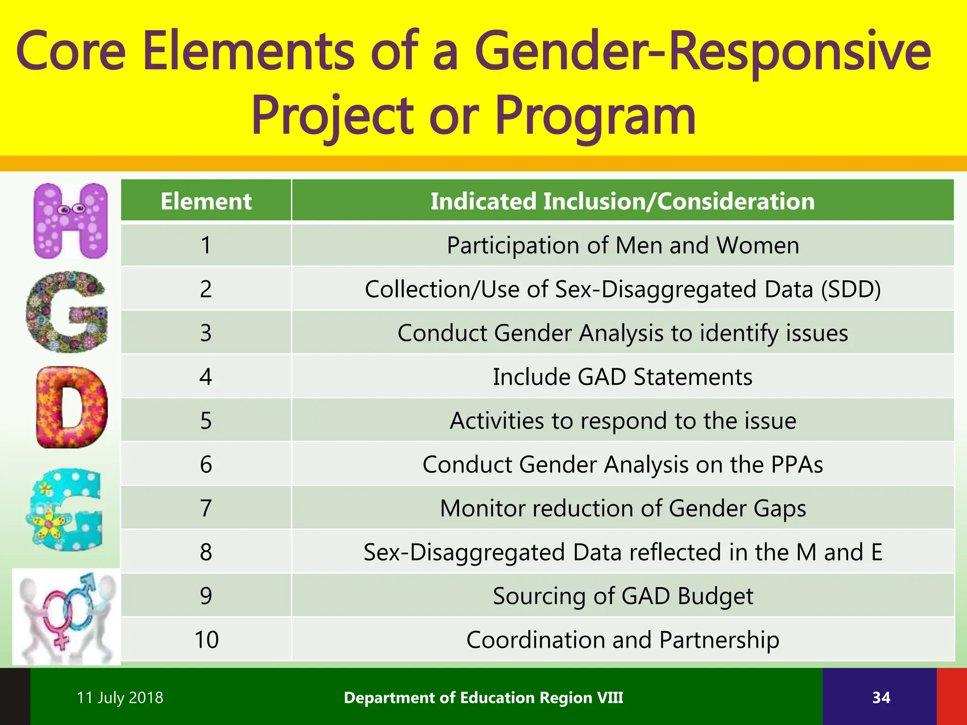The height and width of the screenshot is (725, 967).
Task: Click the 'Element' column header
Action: click(x=206, y=201)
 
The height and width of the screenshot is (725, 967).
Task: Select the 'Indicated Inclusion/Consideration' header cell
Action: click(x=622, y=201)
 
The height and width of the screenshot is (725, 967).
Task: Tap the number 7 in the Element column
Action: click(x=206, y=508)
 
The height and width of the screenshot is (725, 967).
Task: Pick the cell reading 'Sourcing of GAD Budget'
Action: click(x=622, y=596)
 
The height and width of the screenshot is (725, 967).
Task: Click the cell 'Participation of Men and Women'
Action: click(x=622, y=245)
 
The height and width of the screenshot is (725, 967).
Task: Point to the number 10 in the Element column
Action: click(x=206, y=640)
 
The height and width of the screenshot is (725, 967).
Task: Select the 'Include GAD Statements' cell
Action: click(x=622, y=377)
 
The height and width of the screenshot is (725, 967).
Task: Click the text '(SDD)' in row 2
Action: click(x=850, y=289)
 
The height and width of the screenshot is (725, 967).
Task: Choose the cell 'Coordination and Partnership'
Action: click(x=622, y=640)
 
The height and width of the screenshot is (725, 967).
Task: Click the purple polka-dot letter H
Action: click(x=71, y=221)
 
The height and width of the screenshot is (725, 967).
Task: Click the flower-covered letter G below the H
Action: click(x=66, y=312)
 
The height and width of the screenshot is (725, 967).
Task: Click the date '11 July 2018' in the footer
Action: click(x=120, y=698)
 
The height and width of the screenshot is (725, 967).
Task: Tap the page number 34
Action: click(x=881, y=698)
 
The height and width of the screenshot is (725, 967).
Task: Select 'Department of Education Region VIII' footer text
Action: click(x=483, y=698)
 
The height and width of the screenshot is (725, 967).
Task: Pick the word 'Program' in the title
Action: click(x=595, y=116)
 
